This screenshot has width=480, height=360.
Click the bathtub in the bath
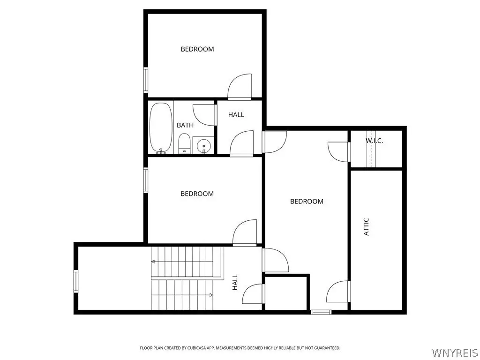pyautogui.click(x=161, y=127)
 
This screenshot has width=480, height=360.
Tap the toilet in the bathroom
pyautogui.click(x=184, y=143)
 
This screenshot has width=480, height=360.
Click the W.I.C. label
pyautogui.click(x=374, y=141)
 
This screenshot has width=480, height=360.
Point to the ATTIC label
pyautogui.click(x=366, y=227)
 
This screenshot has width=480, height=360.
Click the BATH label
pyautogui.click(x=185, y=125)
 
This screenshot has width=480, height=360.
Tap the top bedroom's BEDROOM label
pyautogui.click(x=197, y=49)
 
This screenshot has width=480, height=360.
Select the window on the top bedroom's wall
pyautogui.click(x=146, y=80)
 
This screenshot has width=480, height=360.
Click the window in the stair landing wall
pyautogui.click(x=75, y=281)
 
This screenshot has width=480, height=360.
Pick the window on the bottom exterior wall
pyautogui.click(x=321, y=312)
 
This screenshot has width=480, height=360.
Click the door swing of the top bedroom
pyautogui.click(x=240, y=87)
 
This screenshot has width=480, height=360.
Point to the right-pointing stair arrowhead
pyautogui.click(x=211, y=295)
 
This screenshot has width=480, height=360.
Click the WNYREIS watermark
pyautogui.click(x=455, y=352)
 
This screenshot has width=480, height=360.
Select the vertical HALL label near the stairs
pyautogui.click(x=235, y=282)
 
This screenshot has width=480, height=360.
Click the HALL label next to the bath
pyautogui.click(x=236, y=115)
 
